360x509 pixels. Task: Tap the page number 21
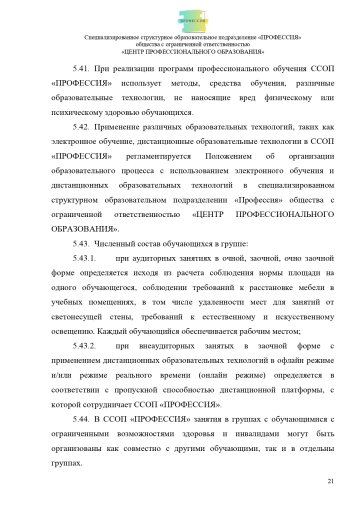[x=329, y=483]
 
